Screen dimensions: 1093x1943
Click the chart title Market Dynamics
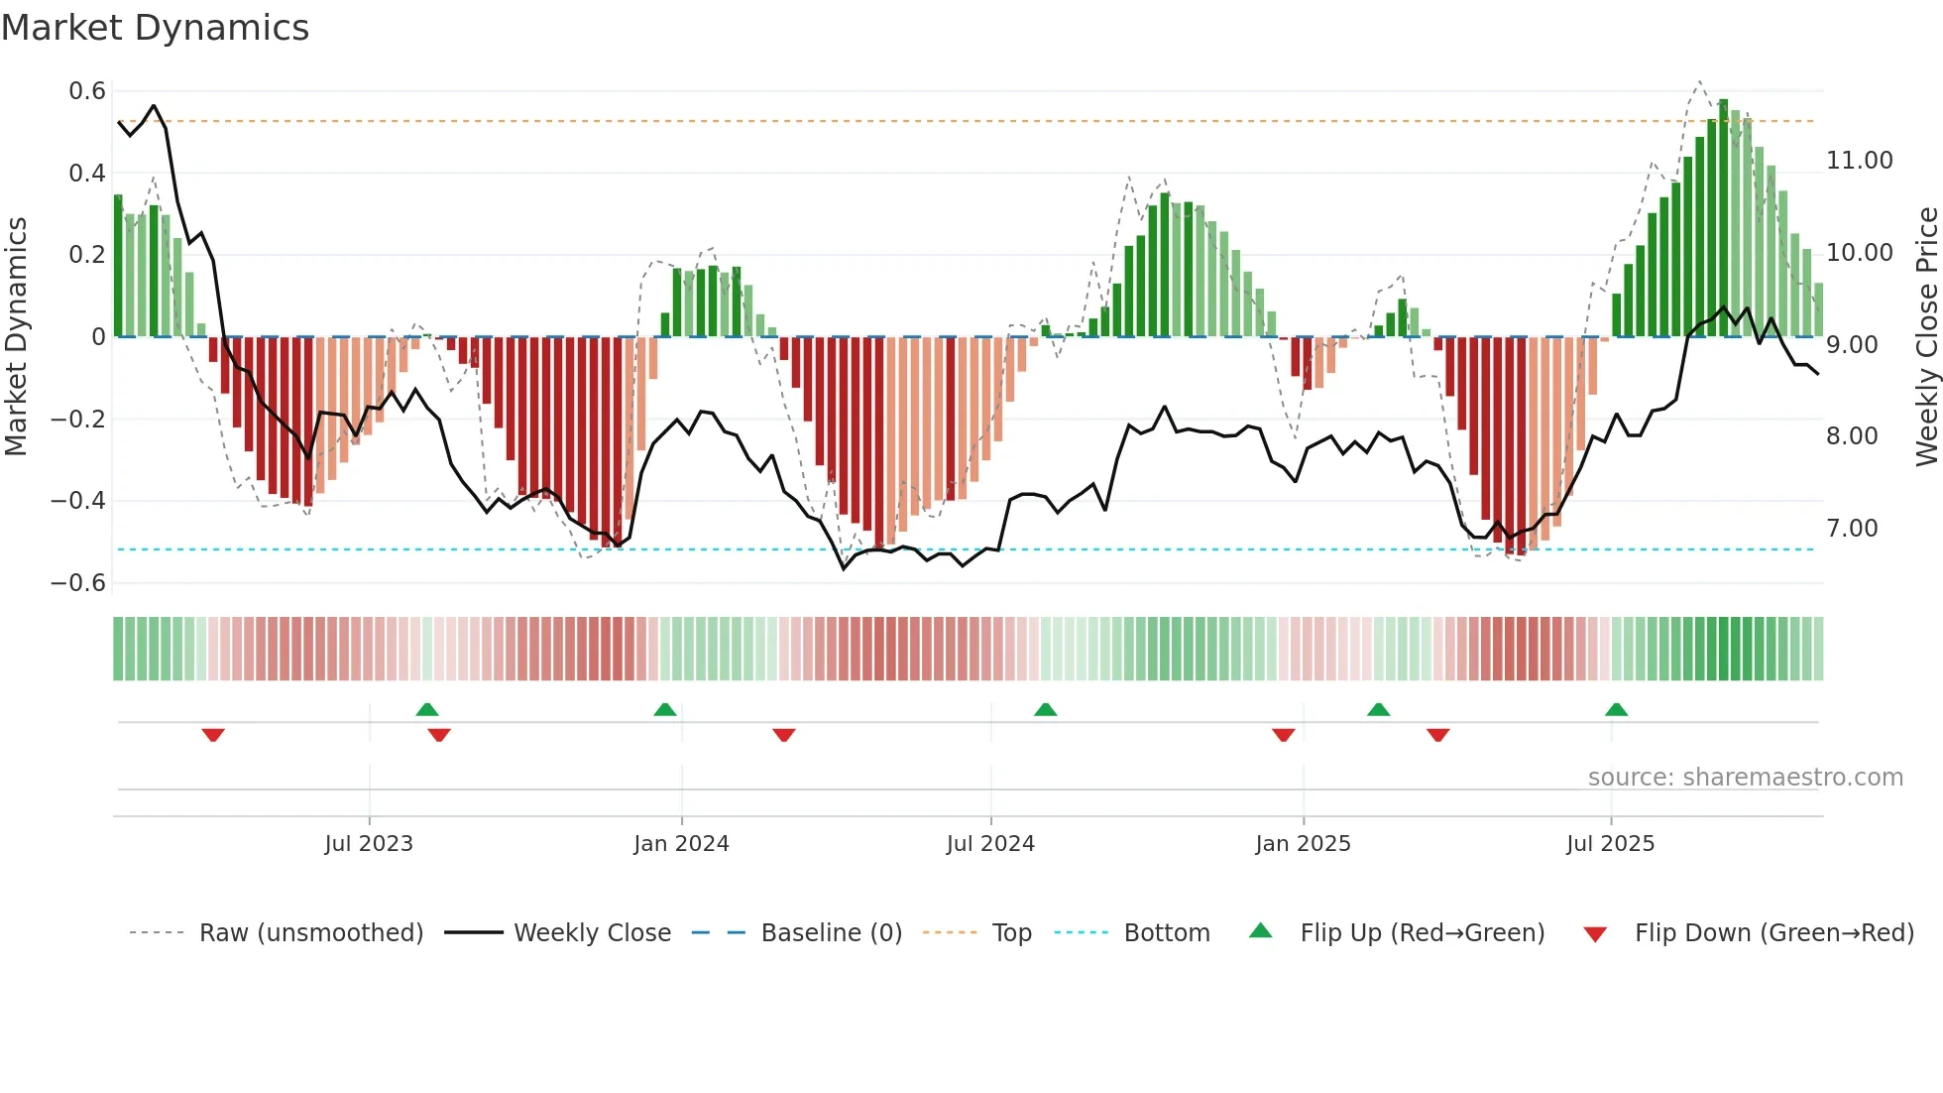coord(155,28)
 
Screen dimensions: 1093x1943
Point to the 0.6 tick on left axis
coord(87,91)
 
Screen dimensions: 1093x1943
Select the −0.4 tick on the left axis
coord(78,501)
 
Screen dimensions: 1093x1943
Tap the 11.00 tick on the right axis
coord(1859,161)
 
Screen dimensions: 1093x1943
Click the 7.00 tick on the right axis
coord(1852,529)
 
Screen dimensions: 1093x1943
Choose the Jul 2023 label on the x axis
coord(369,844)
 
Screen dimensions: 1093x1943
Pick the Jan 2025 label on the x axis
coord(1303,844)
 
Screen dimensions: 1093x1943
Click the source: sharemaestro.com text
coord(1745,778)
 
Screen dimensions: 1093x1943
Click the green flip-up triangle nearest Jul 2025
coord(1616,709)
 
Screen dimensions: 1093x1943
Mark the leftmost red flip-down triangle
coord(213,735)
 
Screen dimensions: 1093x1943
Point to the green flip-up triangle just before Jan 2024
coord(665,709)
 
